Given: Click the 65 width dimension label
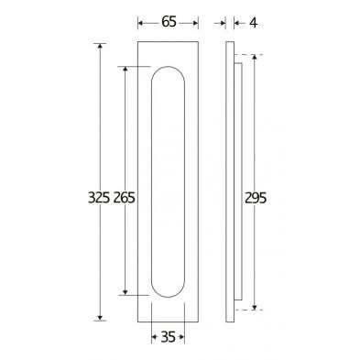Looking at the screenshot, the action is (169, 22).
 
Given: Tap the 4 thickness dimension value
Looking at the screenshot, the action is (254, 23).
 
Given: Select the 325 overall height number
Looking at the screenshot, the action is (99, 198).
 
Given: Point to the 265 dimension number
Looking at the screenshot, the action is (125, 198).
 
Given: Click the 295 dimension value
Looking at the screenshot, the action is (256, 198).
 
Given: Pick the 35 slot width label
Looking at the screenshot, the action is (168, 337).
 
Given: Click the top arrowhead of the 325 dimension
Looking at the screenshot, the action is (100, 47).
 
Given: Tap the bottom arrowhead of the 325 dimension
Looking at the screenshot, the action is (100, 318).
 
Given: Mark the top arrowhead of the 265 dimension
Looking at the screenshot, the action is (125, 70).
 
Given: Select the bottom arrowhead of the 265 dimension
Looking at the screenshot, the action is (125, 292).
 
